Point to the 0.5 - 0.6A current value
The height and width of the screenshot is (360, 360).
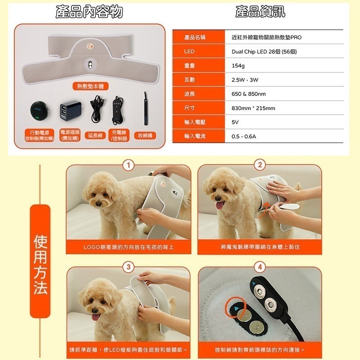point(243,136)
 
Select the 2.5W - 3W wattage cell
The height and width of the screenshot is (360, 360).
point(245,80)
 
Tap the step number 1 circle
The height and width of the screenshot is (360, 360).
point(129,165)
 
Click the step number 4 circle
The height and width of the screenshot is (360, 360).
point(260,267)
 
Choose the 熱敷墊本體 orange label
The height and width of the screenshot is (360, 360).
point(90,86)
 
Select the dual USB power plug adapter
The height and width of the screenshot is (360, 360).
point(68,110)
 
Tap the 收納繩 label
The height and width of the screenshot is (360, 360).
point(144,135)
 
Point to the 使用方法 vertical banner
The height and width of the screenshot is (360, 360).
point(40,265)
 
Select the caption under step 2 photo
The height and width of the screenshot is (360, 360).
point(260,247)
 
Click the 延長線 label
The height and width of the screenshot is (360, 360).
point(95,135)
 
